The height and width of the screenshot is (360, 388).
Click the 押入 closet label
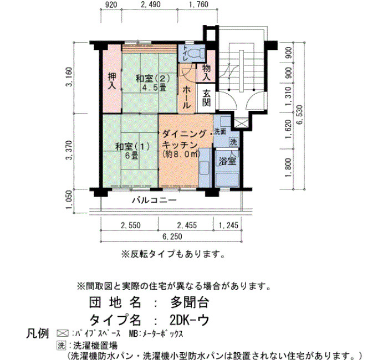tap(112, 81)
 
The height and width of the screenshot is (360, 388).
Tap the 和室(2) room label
tap(152, 79)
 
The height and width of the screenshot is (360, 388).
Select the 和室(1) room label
tap(132, 147)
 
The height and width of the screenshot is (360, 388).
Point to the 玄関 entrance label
tap(206, 98)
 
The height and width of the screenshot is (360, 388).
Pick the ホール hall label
tap(186, 98)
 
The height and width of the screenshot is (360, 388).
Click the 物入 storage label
tap(206, 73)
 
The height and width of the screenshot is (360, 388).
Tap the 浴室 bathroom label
tap(227, 161)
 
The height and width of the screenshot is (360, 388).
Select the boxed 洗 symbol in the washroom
tap(233, 142)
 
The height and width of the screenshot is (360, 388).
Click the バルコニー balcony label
tap(154, 200)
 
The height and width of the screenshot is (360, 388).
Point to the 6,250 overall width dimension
tap(172, 236)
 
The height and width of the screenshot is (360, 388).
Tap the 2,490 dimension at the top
tap(150, 4)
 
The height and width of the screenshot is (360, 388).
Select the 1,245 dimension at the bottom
tap(228, 225)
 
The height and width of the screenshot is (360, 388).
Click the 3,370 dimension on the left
tap(69, 151)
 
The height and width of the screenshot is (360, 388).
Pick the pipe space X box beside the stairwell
tap(239, 124)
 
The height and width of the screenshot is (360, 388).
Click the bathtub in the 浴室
tap(227, 180)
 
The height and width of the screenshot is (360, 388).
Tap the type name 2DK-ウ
tap(190, 320)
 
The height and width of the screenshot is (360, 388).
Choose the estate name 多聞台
tap(190, 302)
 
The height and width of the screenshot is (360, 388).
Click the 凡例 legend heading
tap(37, 333)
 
